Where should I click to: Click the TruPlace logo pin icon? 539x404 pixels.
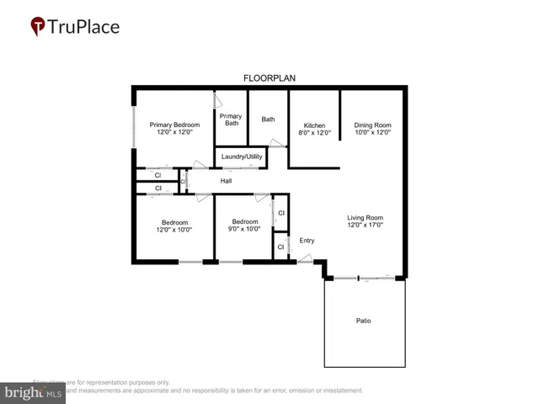(x=39, y=27)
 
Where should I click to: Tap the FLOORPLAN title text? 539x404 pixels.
(x=269, y=78)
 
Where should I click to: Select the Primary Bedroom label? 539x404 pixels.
(x=175, y=125)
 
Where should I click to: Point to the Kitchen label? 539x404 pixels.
(x=314, y=125)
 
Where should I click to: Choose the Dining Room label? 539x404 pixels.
(x=372, y=125)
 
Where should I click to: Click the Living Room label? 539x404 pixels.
(x=366, y=219)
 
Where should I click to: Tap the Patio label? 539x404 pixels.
(x=364, y=321)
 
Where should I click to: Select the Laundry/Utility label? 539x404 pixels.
(x=243, y=157)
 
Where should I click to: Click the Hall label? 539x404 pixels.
(x=226, y=181)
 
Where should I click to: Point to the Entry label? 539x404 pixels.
(x=307, y=241)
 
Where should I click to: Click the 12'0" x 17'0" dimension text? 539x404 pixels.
(x=366, y=226)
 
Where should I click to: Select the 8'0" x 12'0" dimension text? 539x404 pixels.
(x=314, y=133)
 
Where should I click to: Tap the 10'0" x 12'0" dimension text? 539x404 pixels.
(x=372, y=133)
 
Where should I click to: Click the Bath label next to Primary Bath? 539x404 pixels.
(x=268, y=120)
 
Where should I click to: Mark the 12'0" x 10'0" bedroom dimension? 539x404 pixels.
(x=174, y=229)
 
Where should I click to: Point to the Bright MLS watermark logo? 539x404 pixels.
(x=33, y=392)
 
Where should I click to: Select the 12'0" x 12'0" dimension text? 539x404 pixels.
(x=175, y=133)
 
